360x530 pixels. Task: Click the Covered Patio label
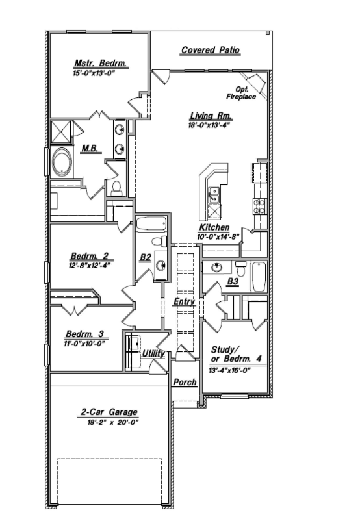[210, 50]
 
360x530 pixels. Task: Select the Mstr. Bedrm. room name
[99, 64]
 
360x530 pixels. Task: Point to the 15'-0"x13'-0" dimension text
[99, 73]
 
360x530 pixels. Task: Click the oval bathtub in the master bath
[63, 162]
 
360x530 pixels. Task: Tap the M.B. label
[89, 148]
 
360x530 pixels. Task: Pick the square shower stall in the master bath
[63, 130]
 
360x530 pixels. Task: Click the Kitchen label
[214, 228]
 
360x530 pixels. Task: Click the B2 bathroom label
[145, 257]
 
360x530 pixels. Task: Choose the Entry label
[184, 303]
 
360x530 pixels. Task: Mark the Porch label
[185, 383]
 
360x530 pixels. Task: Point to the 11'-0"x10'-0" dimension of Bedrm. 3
[85, 344]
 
